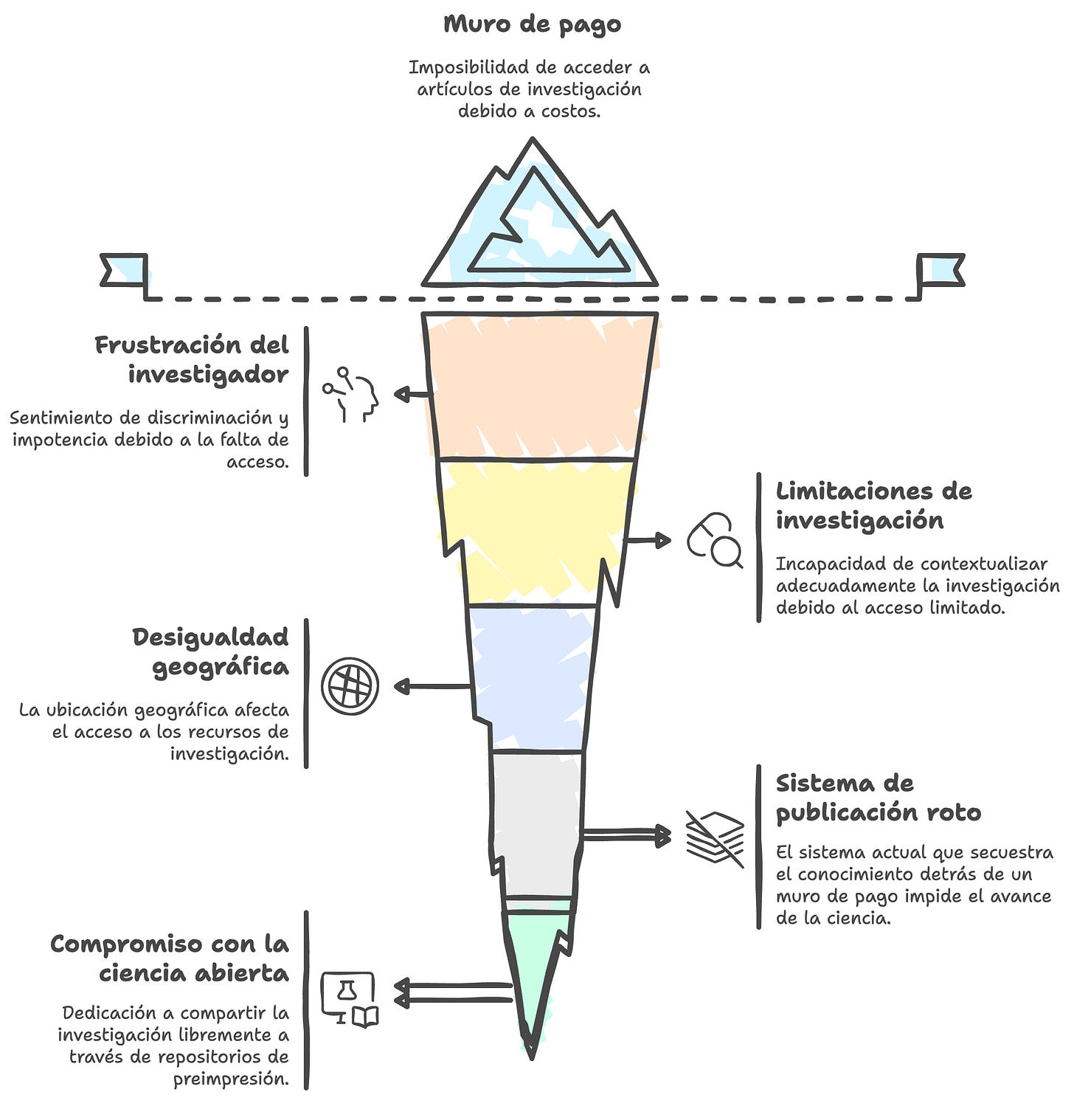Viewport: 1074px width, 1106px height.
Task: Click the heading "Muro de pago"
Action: point(532,24)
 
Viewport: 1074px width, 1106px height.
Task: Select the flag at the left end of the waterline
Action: point(125,271)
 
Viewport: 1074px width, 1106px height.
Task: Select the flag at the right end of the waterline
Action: point(940,270)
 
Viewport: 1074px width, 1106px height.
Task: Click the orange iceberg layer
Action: point(538,384)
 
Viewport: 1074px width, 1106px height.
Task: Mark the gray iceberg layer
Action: point(537,819)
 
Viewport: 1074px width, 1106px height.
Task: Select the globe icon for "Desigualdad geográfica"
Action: point(350,686)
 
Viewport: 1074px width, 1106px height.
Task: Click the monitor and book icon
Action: point(350,999)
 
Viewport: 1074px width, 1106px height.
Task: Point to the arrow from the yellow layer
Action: point(648,540)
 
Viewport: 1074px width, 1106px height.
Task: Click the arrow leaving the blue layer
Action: point(433,687)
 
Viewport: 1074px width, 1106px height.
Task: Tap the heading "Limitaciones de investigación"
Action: point(873,505)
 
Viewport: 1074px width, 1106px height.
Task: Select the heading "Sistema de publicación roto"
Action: point(878,798)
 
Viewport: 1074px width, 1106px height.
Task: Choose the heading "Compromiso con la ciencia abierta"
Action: point(170,958)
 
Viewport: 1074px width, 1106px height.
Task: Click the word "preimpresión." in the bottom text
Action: point(231,1079)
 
